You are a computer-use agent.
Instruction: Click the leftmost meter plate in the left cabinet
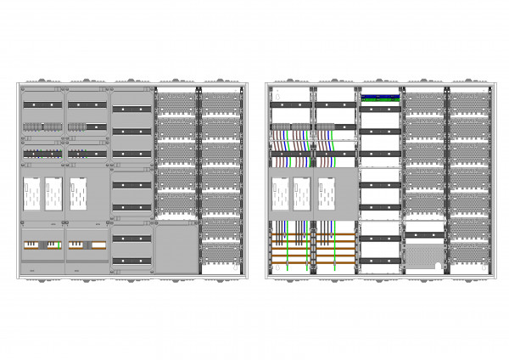point(30,194)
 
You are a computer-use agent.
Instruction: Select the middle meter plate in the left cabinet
point(53,194)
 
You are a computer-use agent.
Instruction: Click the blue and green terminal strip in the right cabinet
point(380,98)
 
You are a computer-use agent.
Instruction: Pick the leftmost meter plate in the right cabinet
point(279,194)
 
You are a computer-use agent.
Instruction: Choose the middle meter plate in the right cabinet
point(302,194)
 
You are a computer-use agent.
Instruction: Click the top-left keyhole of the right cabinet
point(272,89)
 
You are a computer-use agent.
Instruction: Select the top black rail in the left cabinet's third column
point(131,110)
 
